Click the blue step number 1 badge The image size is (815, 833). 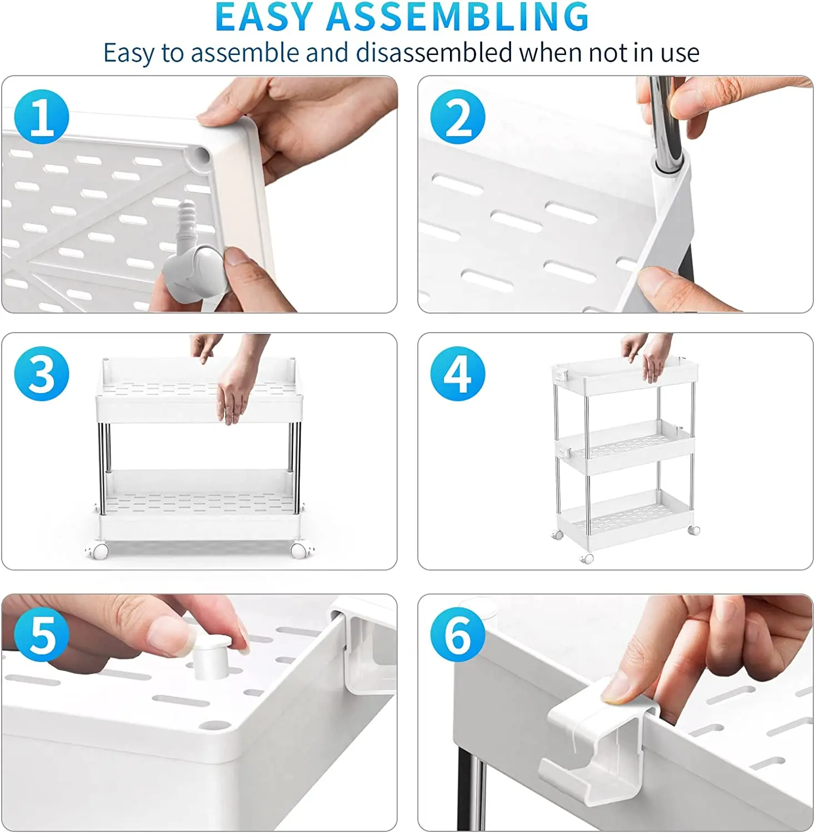(42, 117)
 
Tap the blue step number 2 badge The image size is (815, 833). (458, 117)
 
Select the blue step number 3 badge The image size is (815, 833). (42, 373)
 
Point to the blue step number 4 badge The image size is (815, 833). (458, 373)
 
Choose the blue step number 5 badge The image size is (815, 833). (42, 634)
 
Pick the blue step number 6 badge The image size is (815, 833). (458, 634)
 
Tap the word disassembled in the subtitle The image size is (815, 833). (434, 53)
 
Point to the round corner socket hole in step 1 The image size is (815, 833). (201, 155)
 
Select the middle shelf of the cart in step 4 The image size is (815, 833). (626, 446)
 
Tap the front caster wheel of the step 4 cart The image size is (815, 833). (587, 559)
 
